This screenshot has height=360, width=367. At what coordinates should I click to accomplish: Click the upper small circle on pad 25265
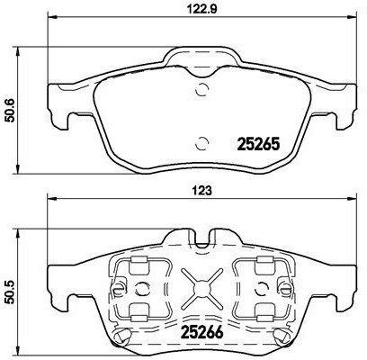[201, 88]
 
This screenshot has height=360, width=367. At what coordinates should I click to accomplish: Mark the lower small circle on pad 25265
[201, 140]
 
